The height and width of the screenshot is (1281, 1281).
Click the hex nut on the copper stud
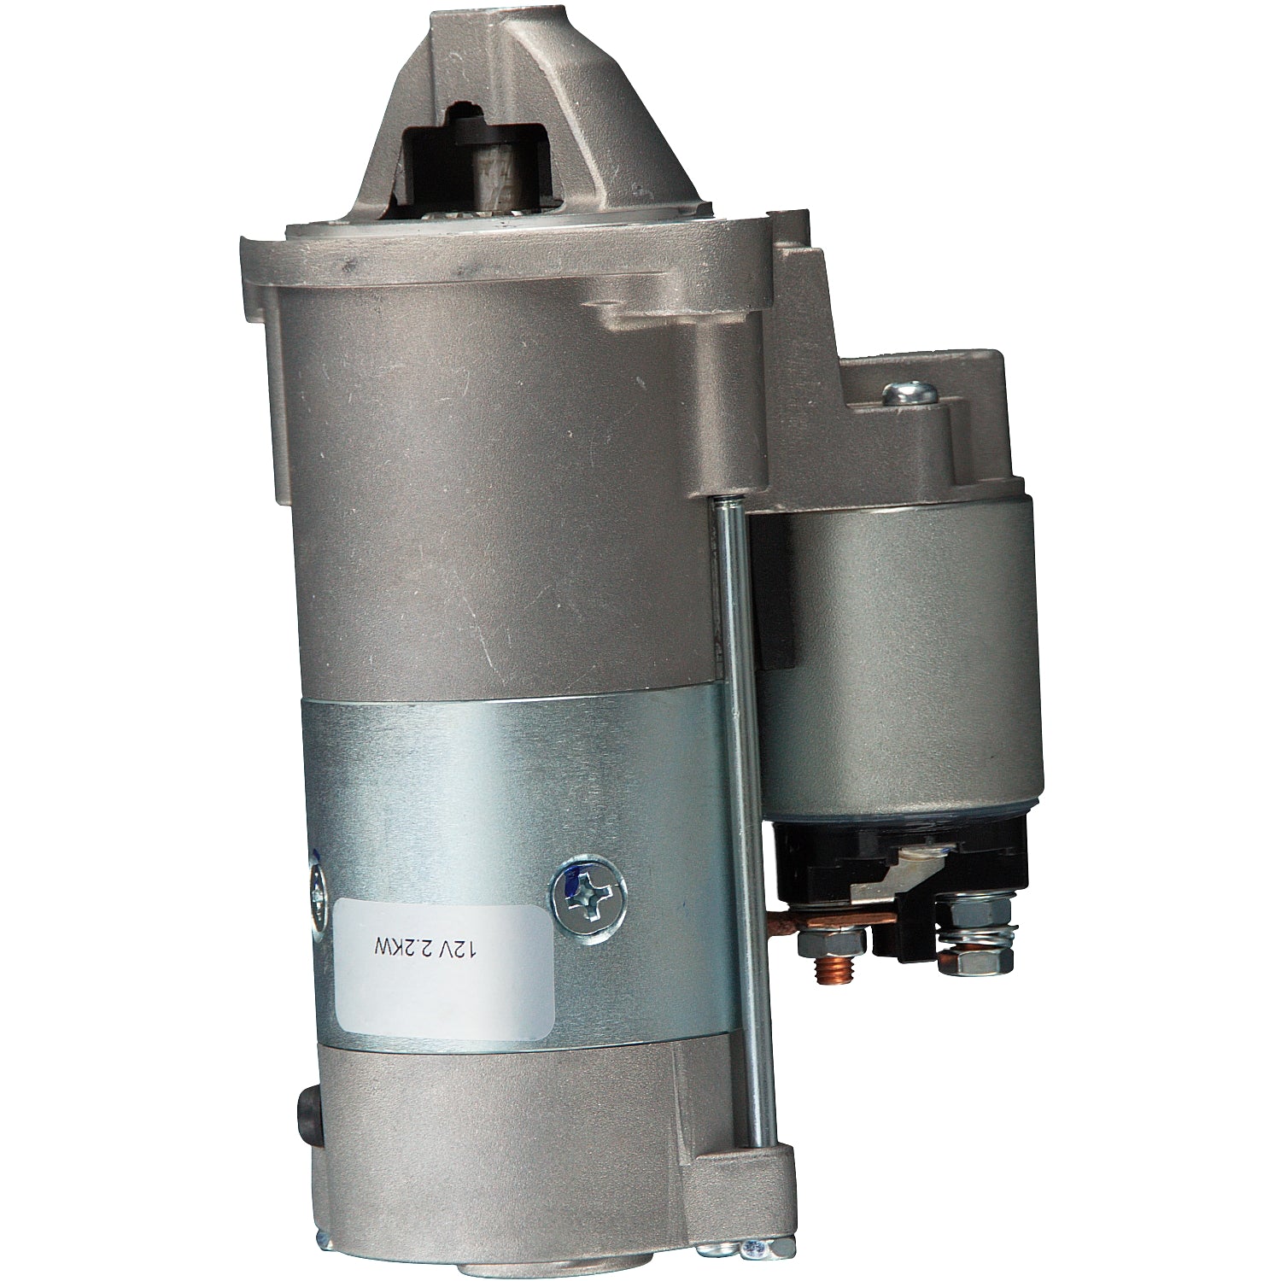click(829, 940)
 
